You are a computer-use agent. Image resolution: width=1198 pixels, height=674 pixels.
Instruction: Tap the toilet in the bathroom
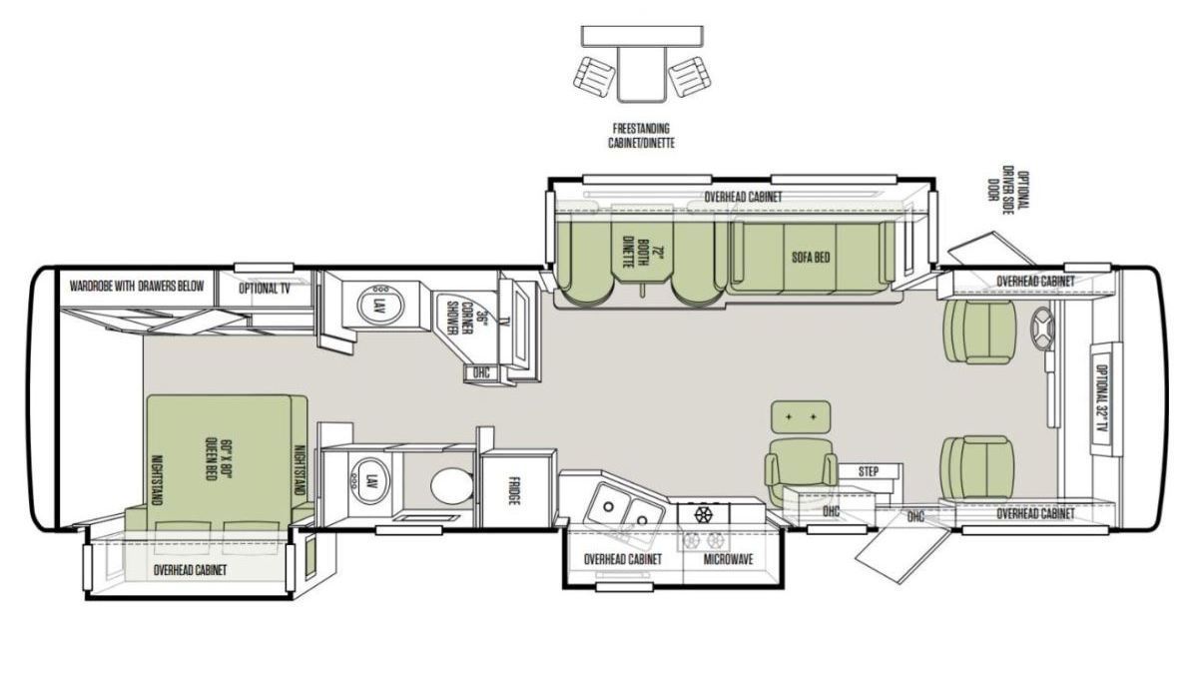point(452,485)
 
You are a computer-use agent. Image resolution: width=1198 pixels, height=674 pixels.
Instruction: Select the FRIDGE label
point(514,490)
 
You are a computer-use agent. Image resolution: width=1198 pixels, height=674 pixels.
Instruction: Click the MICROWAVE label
point(728,559)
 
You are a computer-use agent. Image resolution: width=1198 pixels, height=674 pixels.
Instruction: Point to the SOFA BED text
point(811,258)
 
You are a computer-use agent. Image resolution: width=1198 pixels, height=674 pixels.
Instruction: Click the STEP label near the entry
point(868,471)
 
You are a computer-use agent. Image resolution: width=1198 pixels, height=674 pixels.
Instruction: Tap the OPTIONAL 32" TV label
point(1102,399)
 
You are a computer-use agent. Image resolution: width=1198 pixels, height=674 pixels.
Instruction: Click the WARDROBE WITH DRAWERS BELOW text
point(137,286)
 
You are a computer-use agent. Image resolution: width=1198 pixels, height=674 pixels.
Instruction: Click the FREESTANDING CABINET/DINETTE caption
point(641,136)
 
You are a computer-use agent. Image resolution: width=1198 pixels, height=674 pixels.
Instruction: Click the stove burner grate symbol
point(702,514)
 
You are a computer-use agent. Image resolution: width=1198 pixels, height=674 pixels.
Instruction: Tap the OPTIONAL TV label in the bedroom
point(265,289)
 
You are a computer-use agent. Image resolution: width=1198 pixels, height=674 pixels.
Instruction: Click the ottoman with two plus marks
point(801,416)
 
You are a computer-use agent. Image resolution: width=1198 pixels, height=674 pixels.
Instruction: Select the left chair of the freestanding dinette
point(594,79)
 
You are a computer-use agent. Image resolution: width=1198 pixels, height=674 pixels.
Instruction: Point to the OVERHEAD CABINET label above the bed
point(190,570)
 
